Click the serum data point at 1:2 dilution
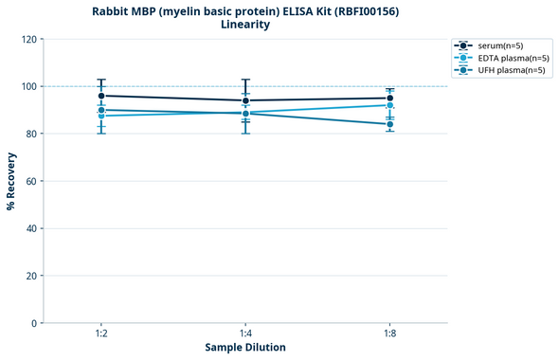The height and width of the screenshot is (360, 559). click(101, 96)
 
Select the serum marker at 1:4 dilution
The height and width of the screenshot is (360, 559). click(245, 100)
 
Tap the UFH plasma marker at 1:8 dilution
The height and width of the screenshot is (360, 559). click(389, 124)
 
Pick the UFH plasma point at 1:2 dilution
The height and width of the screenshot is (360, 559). click(101, 110)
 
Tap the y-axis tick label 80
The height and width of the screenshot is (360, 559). click(30, 134)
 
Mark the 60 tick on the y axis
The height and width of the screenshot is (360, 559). click(30, 181)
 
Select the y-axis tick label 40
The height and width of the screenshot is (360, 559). click(30, 228)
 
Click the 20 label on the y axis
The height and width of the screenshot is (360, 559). click(30, 276)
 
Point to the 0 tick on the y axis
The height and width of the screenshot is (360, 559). click(33, 323)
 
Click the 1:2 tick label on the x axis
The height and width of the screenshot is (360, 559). click(101, 334)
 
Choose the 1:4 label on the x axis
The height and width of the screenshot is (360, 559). click(245, 334)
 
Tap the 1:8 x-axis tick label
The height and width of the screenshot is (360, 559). click(389, 334)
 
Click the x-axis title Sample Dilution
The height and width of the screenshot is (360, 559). click(245, 348)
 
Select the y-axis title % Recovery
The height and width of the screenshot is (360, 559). click(11, 181)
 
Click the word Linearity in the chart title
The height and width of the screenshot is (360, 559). click(245, 25)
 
